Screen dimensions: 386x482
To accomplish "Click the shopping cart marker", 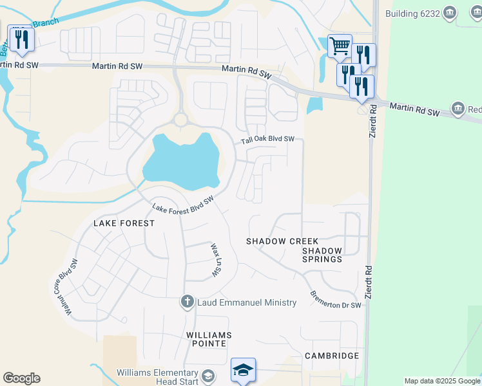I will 340,46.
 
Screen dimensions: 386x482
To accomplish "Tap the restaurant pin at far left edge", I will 21,39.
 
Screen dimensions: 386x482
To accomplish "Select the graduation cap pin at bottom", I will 243,371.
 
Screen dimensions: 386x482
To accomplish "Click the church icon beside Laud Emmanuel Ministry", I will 188,302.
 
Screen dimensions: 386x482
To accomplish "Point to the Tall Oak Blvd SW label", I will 267,140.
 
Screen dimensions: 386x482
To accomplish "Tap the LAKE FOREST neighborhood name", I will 124,223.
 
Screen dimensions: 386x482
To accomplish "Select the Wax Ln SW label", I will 215,261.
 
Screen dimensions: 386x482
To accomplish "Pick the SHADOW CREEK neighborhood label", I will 282,241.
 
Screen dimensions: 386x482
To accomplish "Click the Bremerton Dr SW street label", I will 335,301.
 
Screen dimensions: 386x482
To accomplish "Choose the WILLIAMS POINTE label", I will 209,340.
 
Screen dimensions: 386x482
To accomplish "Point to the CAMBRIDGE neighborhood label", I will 332,356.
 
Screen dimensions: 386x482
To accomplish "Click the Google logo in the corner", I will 21,378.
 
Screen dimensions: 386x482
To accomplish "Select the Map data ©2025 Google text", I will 442,381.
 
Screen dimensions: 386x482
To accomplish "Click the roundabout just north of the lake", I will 180,120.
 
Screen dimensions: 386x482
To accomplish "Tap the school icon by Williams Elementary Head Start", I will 208,376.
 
